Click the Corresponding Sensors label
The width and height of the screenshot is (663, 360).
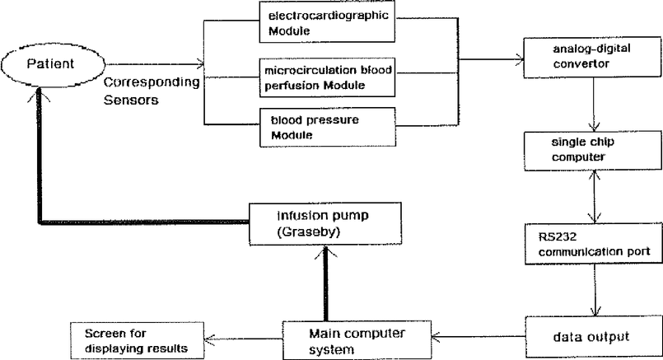click(152, 91)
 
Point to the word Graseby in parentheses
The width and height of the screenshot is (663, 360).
click(309, 231)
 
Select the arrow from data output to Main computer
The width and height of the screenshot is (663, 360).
click(479, 337)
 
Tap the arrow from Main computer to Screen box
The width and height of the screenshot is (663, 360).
click(243, 339)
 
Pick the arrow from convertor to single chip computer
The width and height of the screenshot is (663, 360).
click(594, 105)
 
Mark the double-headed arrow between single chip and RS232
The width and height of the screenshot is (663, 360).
click(595, 197)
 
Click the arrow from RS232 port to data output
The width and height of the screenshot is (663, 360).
click(595, 290)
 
